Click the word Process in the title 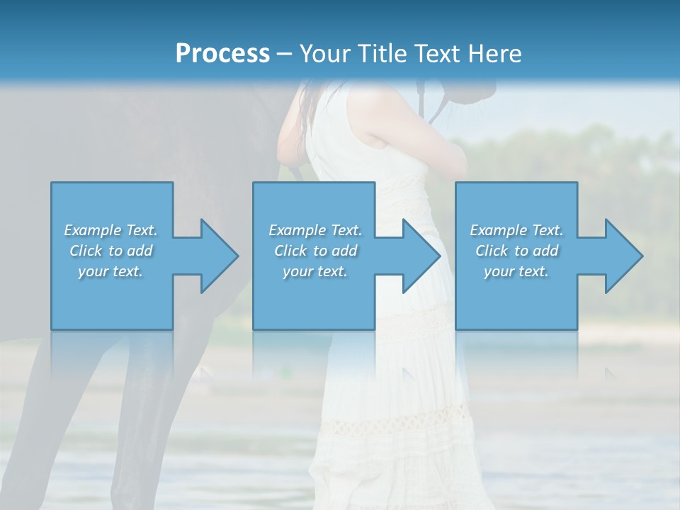222,54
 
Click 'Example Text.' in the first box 110,230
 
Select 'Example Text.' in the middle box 315,230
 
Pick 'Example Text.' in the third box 516,230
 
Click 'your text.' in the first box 110,271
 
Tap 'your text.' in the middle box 315,271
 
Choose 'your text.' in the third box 516,271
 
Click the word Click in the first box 86,251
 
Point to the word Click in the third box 492,251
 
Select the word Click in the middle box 290,251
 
